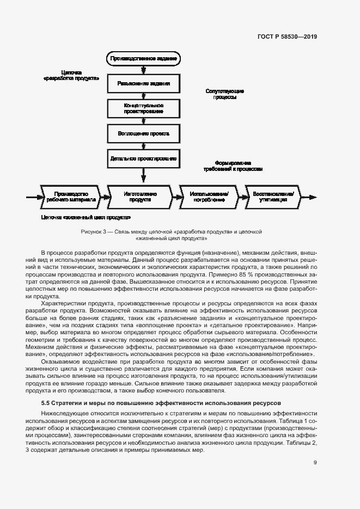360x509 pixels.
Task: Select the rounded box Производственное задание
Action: (x=144, y=58)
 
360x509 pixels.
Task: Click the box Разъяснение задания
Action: (x=144, y=84)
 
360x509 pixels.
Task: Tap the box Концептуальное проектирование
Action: (x=144, y=108)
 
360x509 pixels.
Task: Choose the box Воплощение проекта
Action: (x=144, y=133)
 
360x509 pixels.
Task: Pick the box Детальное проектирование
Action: (x=144, y=158)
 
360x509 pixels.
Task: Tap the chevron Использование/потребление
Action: (x=209, y=197)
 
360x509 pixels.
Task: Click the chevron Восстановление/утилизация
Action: (x=278, y=197)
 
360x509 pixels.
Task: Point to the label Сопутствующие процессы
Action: (x=225, y=94)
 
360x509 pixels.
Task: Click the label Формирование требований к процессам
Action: (x=233, y=166)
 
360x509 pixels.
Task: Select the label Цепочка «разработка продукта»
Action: (x=71, y=75)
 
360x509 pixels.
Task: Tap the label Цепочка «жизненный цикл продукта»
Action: (x=81, y=217)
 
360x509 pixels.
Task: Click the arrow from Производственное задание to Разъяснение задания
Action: (x=144, y=70)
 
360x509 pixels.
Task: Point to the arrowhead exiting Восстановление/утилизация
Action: (x=313, y=197)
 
